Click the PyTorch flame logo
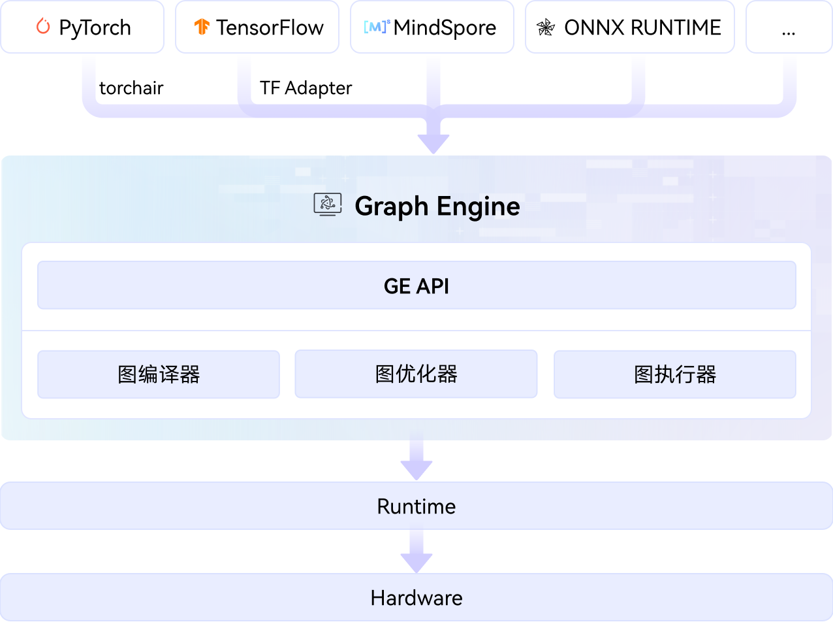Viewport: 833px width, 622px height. (x=43, y=27)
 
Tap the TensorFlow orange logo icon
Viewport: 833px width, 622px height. (x=202, y=27)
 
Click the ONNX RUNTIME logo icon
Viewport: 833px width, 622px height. (x=544, y=27)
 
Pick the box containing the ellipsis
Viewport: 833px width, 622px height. (x=788, y=27)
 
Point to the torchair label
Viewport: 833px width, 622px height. (x=131, y=88)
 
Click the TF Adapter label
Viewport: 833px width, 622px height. (x=306, y=88)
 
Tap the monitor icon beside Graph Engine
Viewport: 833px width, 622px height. (x=328, y=205)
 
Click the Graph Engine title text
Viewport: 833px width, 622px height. (x=437, y=206)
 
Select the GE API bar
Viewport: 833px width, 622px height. (x=417, y=286)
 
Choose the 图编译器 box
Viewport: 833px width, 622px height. (x=159, y=374)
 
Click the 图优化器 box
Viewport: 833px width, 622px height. (x=416, y=374)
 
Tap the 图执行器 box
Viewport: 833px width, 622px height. (x=674, y=374)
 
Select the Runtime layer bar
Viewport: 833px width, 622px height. (x=417, y=506)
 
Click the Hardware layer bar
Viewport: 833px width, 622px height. (x=417, y=598)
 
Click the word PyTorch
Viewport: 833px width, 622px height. (x=95, y=27)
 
